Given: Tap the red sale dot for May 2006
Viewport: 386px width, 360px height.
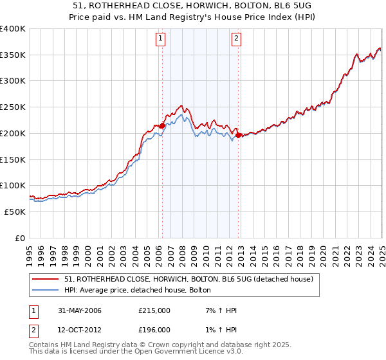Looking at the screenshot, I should pyautogui.click(x=162, y=126).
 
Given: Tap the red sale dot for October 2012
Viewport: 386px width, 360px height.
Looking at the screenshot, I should pyautogui.click(x=239, y=136).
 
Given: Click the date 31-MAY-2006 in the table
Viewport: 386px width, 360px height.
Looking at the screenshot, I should pyautogui.click(x=78, y=310).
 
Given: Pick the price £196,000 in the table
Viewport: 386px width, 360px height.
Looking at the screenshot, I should pyautogui.click(x=154, y=330).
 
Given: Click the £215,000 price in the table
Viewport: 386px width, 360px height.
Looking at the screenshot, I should pyautogui.click(x=154, y=310).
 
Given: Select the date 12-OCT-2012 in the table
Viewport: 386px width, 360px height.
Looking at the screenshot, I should pyautogui.click(x=78, y=330).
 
